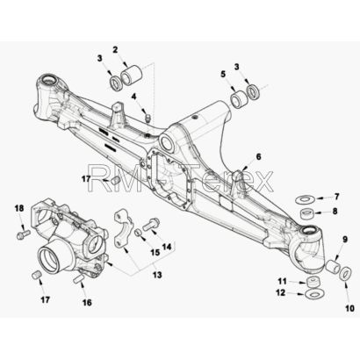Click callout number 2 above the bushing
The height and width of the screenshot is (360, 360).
click(115, 50)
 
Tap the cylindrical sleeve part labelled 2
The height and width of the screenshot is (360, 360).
click(132, 76)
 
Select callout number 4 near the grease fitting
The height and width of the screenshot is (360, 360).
click(133, 97)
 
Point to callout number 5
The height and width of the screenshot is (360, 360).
click(223, 74)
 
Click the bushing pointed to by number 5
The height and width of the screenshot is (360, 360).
click(240, 99)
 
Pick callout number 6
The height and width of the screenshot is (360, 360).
click(258, 156)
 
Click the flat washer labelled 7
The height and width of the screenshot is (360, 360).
click(305, 200)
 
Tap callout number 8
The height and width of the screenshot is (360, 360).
click(335, 211)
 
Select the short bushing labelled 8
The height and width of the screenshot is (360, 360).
click(307, 212)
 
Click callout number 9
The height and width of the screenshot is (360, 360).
click(345, 240)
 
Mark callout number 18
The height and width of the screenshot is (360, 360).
click(19, 208)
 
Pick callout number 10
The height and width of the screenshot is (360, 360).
click(349, 308)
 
